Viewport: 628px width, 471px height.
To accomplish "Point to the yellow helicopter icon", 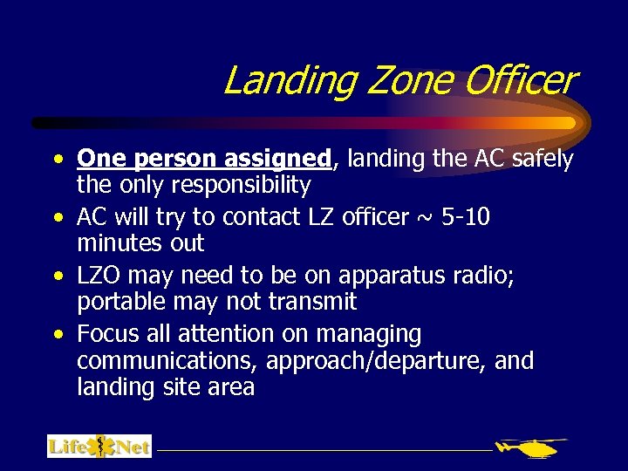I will tap(531, 448).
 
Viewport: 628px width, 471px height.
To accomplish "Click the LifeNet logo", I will tap(99, 447).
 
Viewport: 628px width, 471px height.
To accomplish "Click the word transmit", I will tap(312, 302).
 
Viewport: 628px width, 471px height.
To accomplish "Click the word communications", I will tap(167, 360).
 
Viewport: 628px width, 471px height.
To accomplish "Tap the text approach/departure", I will tap(377, 360).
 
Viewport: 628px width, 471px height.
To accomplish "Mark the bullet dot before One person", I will tap(57, 160).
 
